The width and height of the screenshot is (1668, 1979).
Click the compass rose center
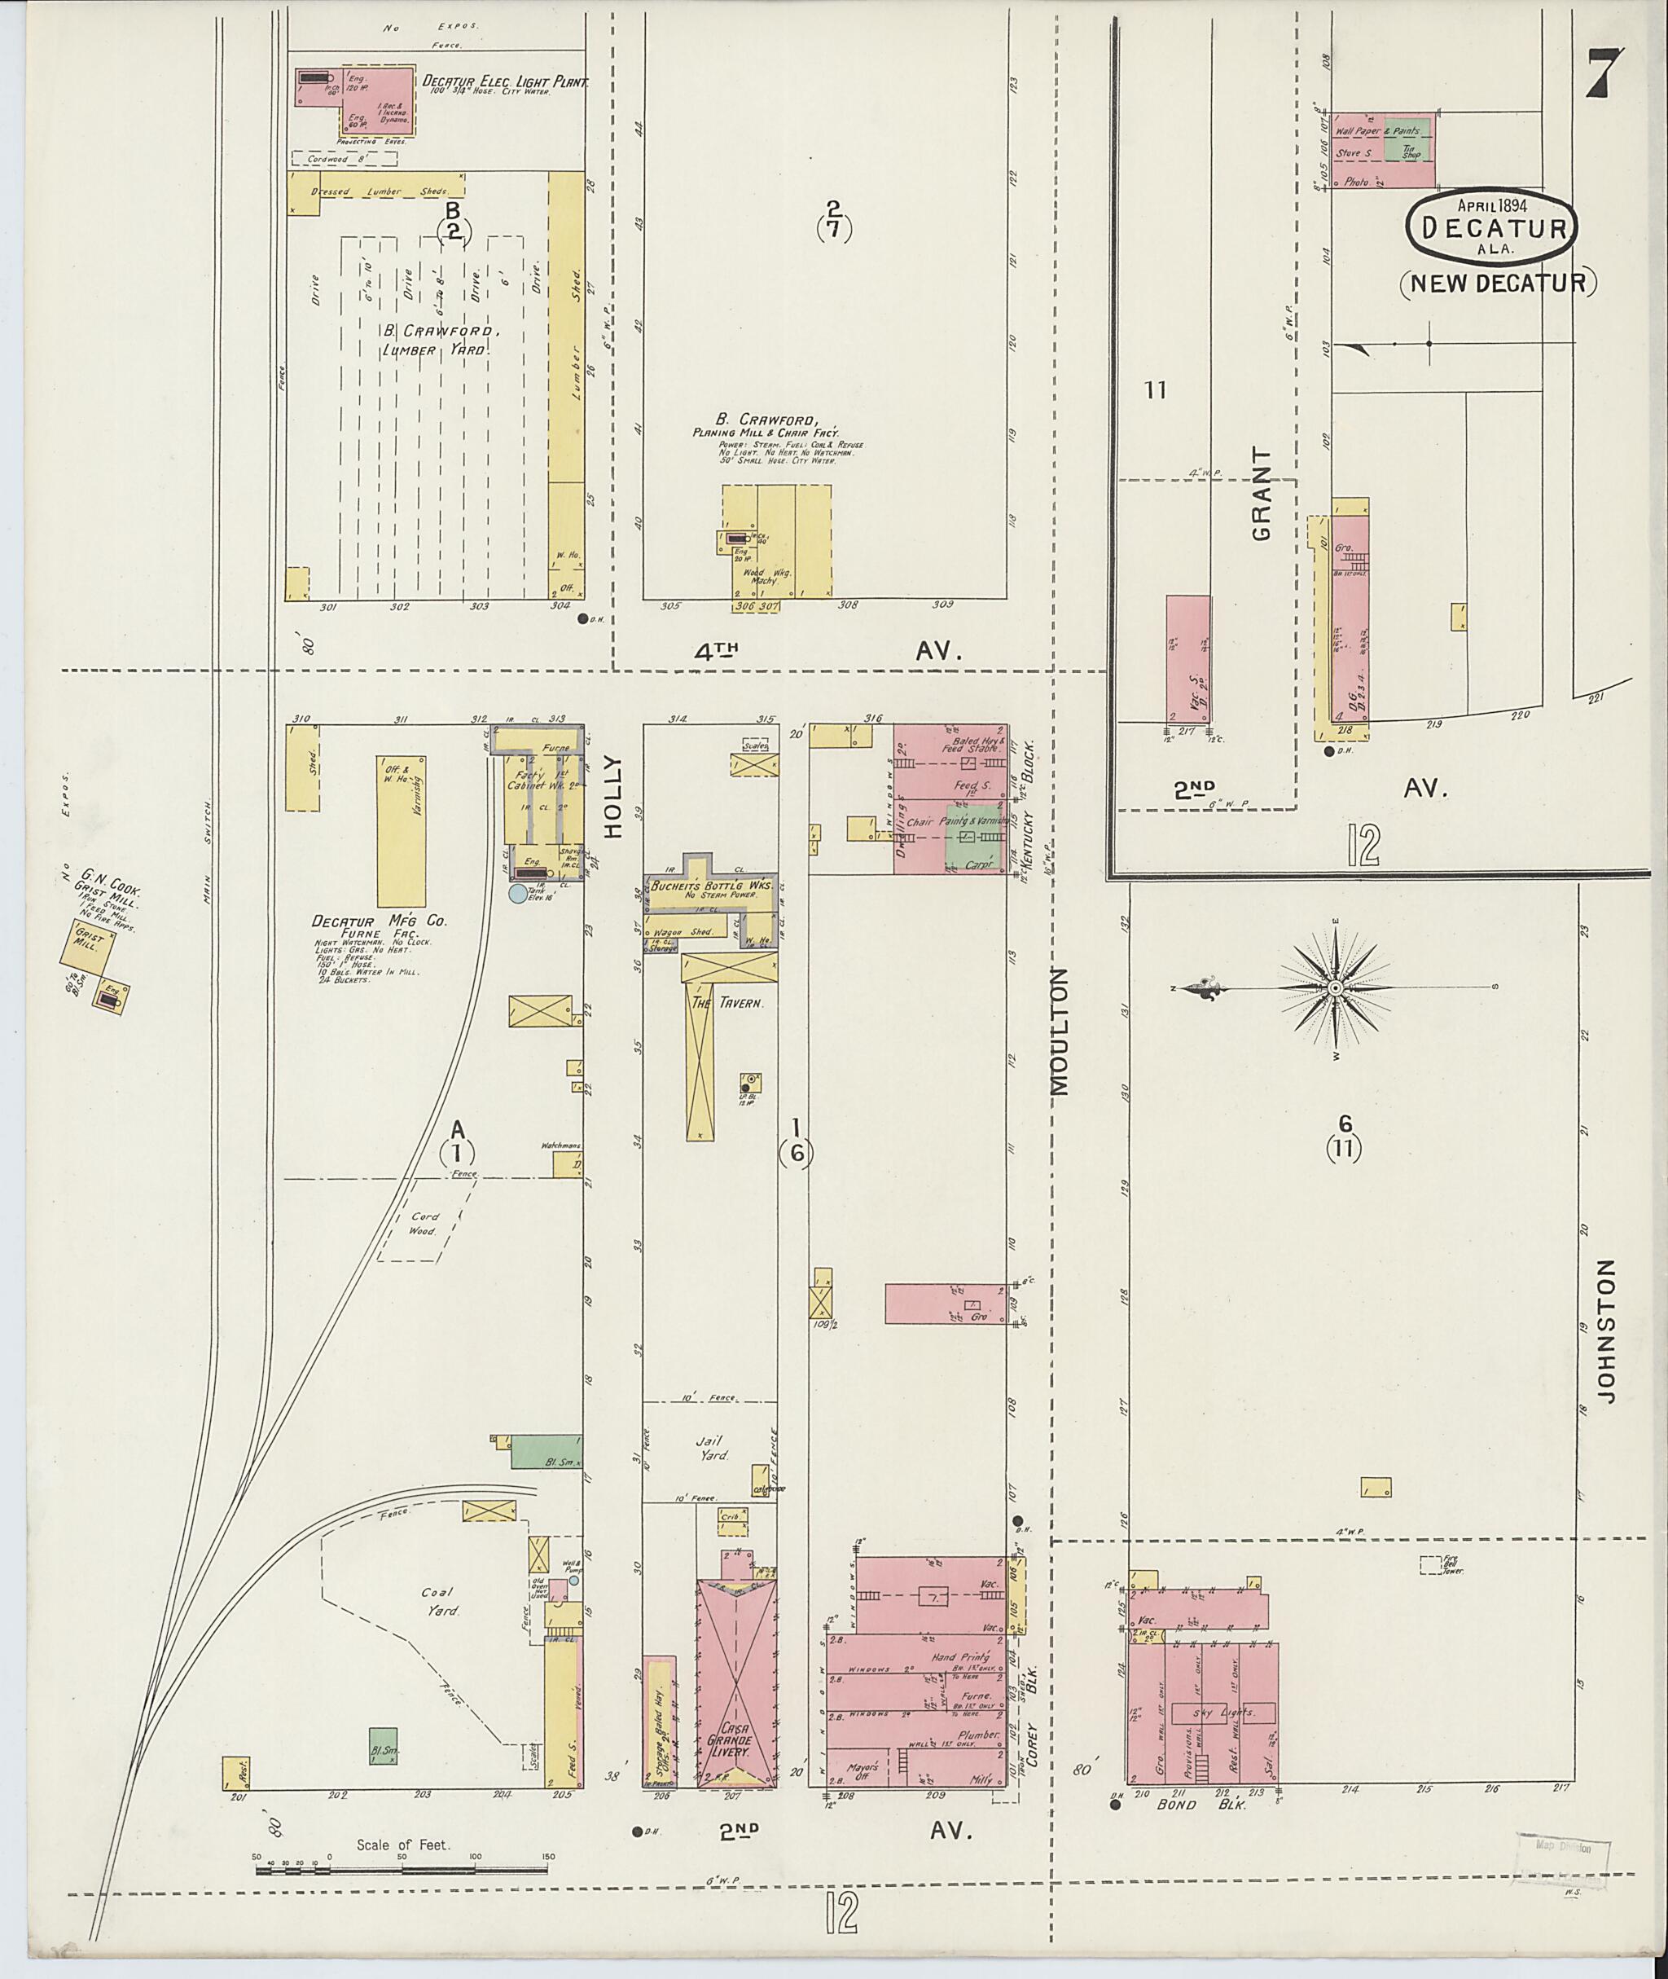(x=1334, y=988)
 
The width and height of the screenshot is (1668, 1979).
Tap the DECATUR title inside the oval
(x=1492, y=228)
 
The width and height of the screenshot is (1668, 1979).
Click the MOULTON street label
(x=1059, y=1031)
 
